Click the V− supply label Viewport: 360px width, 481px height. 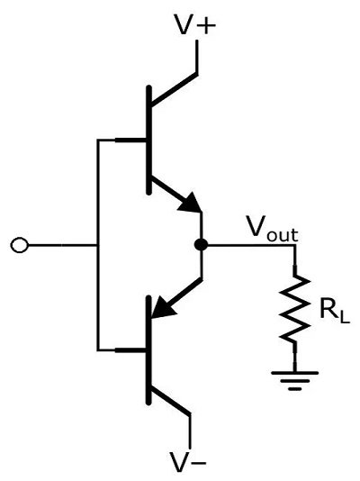189,463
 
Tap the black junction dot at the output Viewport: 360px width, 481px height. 201,244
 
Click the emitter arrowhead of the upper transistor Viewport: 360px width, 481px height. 190,205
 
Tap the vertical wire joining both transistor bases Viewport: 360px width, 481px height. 95,244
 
